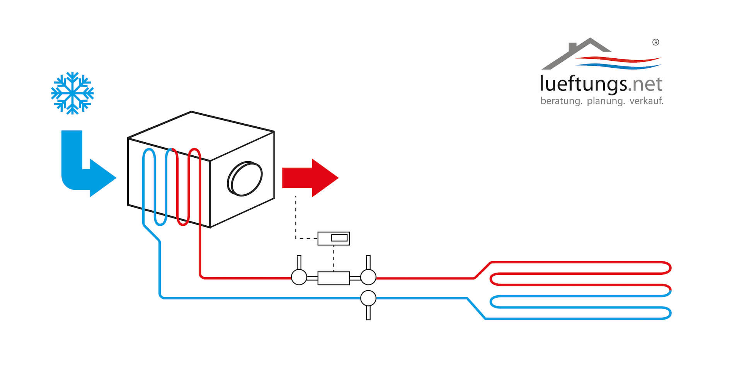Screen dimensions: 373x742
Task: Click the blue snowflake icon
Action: [72, 93]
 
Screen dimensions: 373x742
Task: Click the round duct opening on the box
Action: [245, 178]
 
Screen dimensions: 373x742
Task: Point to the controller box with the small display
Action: [334, 238]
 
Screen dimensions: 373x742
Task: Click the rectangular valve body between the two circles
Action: [334, 278]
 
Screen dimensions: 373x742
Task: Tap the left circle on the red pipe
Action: [299, 277]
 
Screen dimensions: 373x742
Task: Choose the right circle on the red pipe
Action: [368, 277]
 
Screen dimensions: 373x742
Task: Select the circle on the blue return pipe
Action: [368, 298]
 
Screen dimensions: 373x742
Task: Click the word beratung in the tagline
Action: [561, 101]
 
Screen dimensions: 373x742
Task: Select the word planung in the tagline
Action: [606, 101]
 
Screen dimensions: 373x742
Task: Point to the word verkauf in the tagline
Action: [646, 101]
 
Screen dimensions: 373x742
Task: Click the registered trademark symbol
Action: [655, 43]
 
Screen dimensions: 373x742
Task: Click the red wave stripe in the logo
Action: [618, 60]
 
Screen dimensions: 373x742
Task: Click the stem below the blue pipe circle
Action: [368, 313]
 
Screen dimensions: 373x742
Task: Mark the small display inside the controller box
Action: [339, 238]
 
